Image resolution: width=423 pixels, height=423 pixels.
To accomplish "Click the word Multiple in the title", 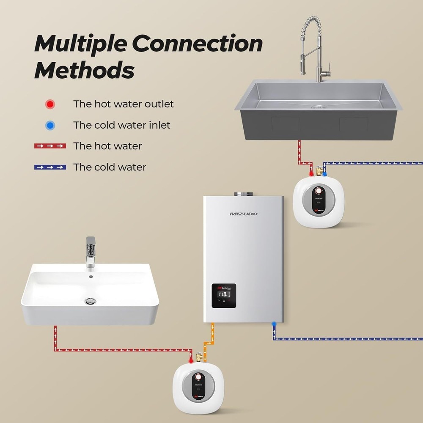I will pos(80,44).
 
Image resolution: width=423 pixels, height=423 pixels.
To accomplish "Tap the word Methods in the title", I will pos(84,70).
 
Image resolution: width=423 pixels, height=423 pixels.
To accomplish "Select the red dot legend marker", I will pos(50,104).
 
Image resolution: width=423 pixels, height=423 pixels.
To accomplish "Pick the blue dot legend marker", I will pos(50,125).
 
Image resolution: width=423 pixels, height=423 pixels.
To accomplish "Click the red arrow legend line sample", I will pos(50,146).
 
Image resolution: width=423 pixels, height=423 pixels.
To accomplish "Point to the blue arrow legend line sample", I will pos(50,167).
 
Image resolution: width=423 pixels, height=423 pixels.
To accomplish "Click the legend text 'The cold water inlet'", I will pos(121,125).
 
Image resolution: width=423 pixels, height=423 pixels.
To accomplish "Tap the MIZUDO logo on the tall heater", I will pos(243,214).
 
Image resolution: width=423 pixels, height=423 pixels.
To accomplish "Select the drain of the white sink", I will pos(90,301).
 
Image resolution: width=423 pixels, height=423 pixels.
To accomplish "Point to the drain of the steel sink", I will pos(318,106).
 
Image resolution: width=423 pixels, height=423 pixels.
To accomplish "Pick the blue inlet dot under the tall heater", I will pos(275,324).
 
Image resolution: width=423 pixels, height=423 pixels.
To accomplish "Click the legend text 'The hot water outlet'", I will pos(123,104).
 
